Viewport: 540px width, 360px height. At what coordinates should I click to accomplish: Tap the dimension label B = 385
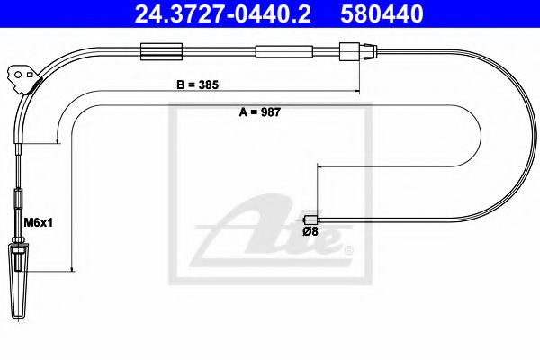[x=199, y=85]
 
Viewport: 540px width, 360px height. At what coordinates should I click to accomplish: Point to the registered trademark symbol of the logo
[x=349, y=249]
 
